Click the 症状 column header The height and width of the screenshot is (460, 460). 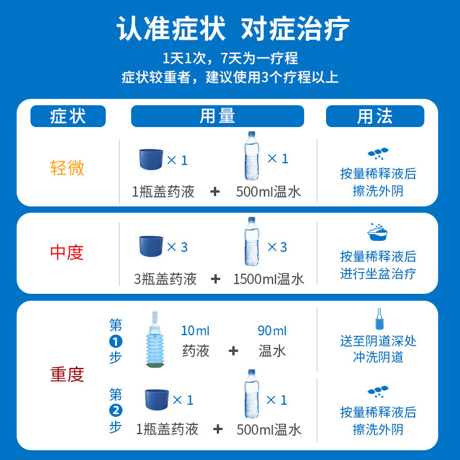(68, 116)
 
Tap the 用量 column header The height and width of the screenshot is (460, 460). (217, 116)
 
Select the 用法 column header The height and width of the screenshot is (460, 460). (375, 116)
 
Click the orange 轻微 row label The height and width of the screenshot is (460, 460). (67, 168)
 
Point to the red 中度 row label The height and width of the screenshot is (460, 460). (67, 252)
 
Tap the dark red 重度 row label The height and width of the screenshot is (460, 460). (67, 375)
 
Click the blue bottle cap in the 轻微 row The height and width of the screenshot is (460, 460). (151, 159)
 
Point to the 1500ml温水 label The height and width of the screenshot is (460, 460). (269, 279)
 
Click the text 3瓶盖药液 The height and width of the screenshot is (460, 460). (166, 279)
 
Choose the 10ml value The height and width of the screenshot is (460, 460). (195, 331)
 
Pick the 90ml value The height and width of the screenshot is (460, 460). (272, 331)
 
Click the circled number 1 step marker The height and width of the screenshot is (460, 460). (116, 341)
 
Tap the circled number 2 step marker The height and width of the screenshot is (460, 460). (116, 411)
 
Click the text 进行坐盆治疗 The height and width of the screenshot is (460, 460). (378, 274)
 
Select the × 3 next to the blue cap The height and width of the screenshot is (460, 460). (177, 247)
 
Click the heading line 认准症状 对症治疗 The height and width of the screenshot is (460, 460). (230, 30)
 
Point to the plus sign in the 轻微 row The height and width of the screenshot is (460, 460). (215, 191)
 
